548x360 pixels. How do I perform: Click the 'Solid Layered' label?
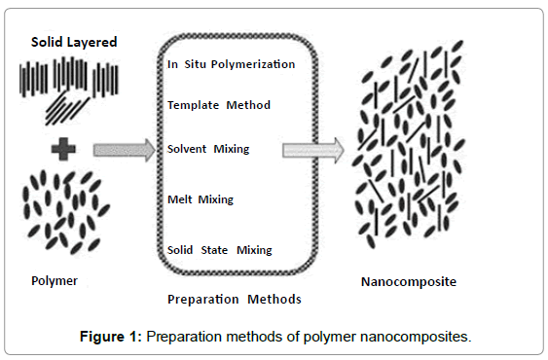point(73,43)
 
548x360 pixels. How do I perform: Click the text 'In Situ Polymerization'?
point(231,64)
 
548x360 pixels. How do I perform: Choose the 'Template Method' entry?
point(219,105)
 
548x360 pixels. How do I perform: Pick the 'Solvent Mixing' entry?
point(208,149)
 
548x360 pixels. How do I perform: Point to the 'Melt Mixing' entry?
point(201,199)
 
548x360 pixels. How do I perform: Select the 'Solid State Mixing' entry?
point(220,249)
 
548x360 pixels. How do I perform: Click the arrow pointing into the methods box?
point(123,150)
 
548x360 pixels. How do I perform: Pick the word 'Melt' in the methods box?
point(180,199)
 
